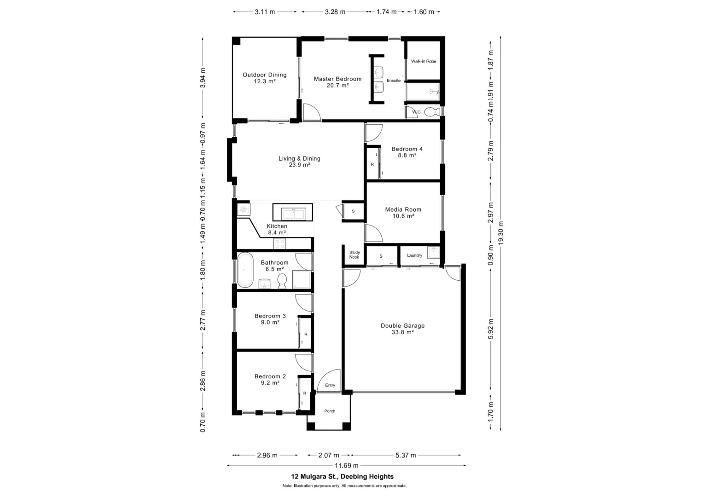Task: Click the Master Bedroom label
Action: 337,81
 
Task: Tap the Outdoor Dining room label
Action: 264,78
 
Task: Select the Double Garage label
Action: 402,329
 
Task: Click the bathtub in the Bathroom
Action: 245,270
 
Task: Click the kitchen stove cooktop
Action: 279,243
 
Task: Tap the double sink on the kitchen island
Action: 293,214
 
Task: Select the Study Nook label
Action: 354,254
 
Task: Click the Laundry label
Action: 414,255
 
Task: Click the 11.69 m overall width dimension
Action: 346,465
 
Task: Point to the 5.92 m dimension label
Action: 491,329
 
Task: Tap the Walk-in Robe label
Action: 424,61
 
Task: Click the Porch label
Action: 330,411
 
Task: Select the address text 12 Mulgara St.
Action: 342,476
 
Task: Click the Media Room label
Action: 403,212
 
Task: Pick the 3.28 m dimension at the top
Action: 335,12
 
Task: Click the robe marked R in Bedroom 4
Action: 372,164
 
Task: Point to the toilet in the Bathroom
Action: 282,281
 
